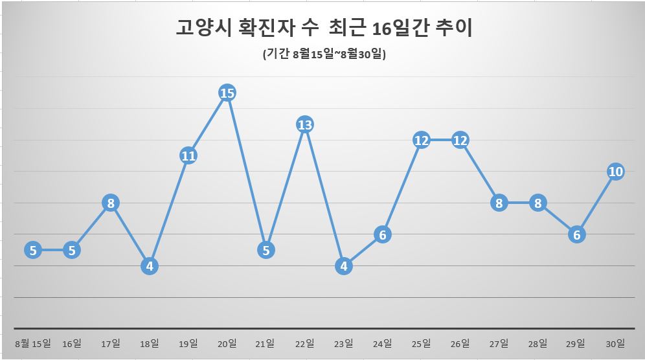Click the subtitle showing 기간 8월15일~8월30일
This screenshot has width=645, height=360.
coord(324,56)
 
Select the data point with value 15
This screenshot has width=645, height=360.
coord(227,93)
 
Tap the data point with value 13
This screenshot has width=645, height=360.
coord(305,124)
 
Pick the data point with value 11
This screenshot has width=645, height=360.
coord(188,156)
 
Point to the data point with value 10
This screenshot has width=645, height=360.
coord(615,172)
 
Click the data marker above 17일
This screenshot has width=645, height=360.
coord(111,203)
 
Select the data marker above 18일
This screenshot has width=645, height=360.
coord(150,265)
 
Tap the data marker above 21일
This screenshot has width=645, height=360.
coord(266,250)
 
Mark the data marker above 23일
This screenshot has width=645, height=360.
coord(344,265)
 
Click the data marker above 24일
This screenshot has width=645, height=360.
coord(383,234)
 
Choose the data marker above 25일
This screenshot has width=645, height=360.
coord(422,141)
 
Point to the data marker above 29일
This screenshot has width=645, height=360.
coord(576,234)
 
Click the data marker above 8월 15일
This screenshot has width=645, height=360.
coord(33,250)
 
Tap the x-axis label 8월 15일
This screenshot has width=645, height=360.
coord(33,343)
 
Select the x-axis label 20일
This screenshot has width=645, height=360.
coord(227,343)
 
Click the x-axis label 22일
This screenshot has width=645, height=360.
coord(305,343)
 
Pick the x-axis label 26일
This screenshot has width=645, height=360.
coord(460,343)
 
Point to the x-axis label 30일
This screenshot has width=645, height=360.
coord(615,343)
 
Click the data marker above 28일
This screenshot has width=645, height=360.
coord(538,203)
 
